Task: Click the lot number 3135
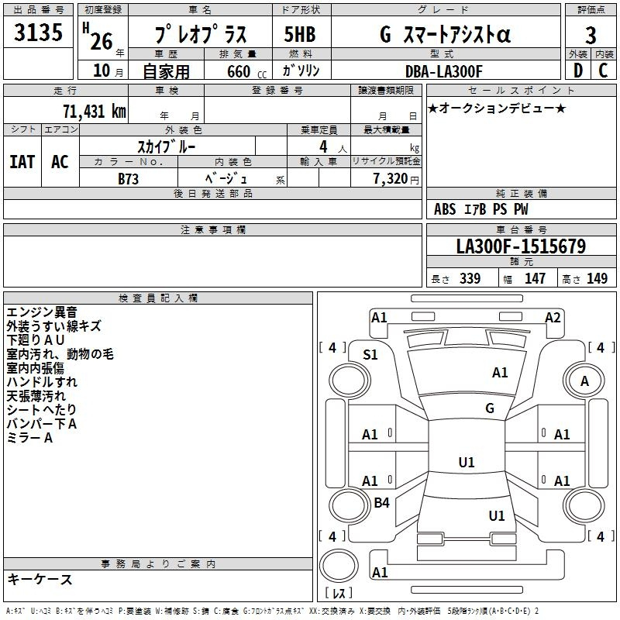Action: point(38,32)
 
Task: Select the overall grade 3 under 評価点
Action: point(591,35)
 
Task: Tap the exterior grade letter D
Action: point(578,71)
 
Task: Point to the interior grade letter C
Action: point(603,71)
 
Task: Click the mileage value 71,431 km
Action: point(94,111)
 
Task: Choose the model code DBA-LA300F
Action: point(443,71)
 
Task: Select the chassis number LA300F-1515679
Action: point(521,246)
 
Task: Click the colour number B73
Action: point(128,179)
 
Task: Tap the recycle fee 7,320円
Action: point(396,179)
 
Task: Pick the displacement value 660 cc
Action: point(246,71)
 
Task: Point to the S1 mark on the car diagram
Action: point(370,355)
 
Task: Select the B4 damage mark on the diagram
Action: point(381,502)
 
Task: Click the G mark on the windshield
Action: point(490,408)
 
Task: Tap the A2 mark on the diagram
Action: point(553,317)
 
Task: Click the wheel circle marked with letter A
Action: point(584,381)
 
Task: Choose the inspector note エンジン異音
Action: point(42,312)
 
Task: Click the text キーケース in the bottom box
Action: point(40,579)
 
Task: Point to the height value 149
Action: point(597,278)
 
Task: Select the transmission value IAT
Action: point(22,162)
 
